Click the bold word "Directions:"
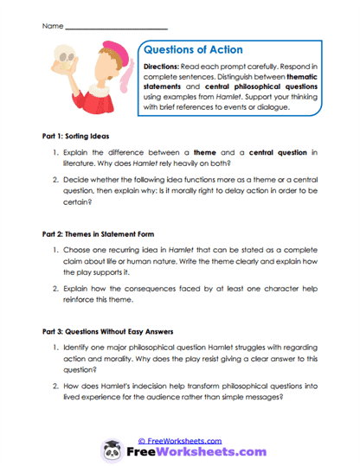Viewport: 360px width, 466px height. (165, 67)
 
